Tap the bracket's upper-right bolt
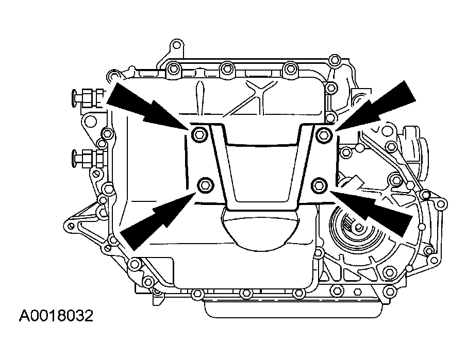(324, 134)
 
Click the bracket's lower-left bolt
(205, 184)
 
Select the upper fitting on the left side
(85, 96)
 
